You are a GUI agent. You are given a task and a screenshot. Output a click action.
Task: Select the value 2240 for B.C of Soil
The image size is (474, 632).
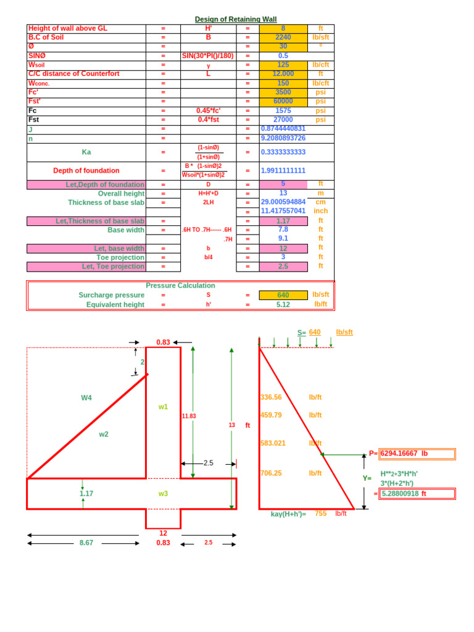pyautogui.click(x=283, y=37)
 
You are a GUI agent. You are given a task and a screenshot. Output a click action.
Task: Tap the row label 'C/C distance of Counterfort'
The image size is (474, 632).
pyautogui.click(x=74, y=74)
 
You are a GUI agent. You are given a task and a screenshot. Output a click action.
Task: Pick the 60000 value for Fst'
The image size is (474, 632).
pyautogui.click(x=283, y=101)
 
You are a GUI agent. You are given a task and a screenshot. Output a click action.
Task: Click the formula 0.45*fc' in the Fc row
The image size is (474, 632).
pyautogui.click(x=208, y=110)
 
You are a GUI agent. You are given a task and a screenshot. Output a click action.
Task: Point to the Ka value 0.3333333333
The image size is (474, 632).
pyautogui.click(x=283, y=152)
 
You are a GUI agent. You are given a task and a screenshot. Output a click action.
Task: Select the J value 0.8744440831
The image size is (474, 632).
pyautogui.click(x=283, y=128)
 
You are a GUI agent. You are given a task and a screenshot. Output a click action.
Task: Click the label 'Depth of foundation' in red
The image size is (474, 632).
pyautogui.click(x=86, y=170)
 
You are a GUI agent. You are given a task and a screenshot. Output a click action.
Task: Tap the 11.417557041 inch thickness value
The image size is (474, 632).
pyautogui.click(x=283, y=210)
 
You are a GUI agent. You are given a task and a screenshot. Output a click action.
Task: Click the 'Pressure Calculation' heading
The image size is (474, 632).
pyautogui.click(x=180, y=285)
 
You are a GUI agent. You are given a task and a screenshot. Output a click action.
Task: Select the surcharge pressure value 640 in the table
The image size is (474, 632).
pyautogui.click(x=283, y=295)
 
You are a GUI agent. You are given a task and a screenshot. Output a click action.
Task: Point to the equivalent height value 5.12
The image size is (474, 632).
pyautogui.click(x=283, y=304)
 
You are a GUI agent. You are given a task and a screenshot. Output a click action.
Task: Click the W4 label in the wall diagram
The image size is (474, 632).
pyautogui.click(x=86, y=397)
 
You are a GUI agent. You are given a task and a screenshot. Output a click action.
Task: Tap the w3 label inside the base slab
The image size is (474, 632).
pyautogui.click(x=163, y=493)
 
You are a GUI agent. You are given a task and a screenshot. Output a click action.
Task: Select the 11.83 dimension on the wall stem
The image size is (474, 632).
pyautogui.click(x=189, y=416)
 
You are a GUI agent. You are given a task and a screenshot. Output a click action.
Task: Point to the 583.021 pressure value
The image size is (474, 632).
pyautogui.click(x=273, y=443)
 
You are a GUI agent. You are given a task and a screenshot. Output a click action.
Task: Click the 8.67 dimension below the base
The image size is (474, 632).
pyautogui.click(x=86, y=543)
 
